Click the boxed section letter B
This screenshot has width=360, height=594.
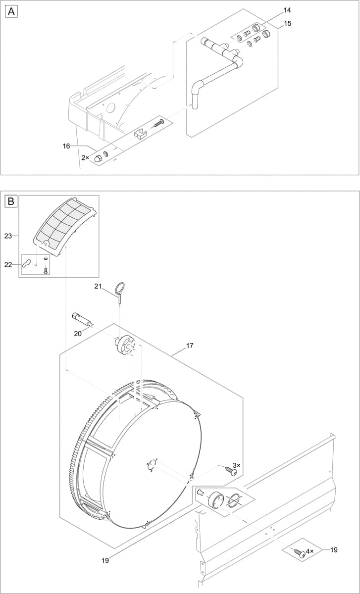click(x=11, y=201)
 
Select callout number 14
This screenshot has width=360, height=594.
click(x=287, y=10)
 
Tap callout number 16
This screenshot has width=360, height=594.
click(x=66, y=146)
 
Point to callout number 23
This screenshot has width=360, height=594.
click(x=8, y=236)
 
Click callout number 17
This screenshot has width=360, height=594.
click(x=190, y=346)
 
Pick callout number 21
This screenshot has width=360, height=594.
click(x=98, y=286)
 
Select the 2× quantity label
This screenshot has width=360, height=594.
click(x=85, y=158)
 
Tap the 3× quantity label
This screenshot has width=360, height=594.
click(x=236, y=465)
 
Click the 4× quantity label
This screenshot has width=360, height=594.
click(x=309, y=551)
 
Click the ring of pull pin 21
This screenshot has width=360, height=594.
click(x=119, y=287)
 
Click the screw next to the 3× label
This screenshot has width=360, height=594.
click(x=230, y=471)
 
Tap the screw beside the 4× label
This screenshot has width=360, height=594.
click(x=299, y=552)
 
